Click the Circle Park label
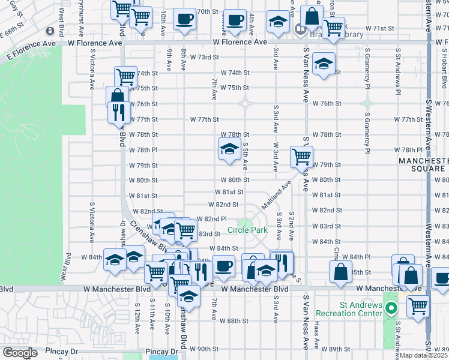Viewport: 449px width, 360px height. [x=247, y=230]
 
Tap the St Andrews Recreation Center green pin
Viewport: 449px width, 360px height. [x=391, y=310]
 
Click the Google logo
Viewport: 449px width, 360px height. [x=20, y=353]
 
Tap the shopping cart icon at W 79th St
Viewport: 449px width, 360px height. [x=301, y=157]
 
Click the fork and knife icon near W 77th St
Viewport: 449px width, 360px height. [x=118, y=112]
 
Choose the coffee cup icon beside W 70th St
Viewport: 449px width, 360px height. [x=184, y=19]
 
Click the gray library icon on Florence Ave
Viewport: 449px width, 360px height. [x=300, y=28]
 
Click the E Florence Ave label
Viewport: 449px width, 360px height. [x=28, y=44]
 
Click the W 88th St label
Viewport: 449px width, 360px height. [x=234, y=321]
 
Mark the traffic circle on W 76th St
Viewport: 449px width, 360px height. [x=246, y=103]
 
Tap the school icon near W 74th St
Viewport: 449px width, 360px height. [x=323, y=67]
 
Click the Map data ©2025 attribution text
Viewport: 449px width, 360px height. [x=423, y=355]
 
